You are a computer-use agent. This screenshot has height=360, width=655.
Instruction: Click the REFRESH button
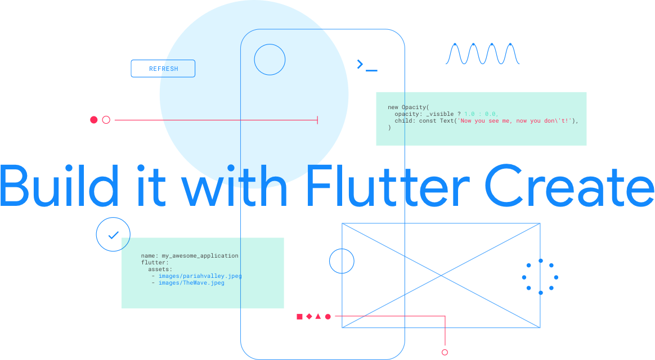click(x=163, y=69)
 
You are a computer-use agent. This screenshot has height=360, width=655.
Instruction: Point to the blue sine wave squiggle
click(x=483, y=54)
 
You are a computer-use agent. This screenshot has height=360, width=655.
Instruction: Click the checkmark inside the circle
click(x=113, y=235)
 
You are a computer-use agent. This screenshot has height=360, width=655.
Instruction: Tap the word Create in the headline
click(x=568, y=184)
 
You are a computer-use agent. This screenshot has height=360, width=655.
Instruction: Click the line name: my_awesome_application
click(x=190, y=255)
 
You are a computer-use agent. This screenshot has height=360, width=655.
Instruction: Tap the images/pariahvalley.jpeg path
click(x=200, y=276)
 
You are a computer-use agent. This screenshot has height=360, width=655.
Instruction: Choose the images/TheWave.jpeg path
click(x=191, y=283)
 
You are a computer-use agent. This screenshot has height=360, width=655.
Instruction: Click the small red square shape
click(x=299, y=317)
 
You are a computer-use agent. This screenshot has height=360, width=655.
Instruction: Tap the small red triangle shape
click(x=318, y=317)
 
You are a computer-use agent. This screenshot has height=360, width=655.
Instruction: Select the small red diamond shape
click(x=308, y=317)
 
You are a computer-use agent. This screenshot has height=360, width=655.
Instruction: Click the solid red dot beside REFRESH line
click(x=94, y=120)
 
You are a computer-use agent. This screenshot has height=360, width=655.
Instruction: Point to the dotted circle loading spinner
click(x=540, y=277)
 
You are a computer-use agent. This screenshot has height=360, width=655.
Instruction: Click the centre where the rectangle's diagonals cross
click(x=441, y=276)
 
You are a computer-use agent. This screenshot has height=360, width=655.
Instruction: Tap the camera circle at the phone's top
click(x=270, y=60)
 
